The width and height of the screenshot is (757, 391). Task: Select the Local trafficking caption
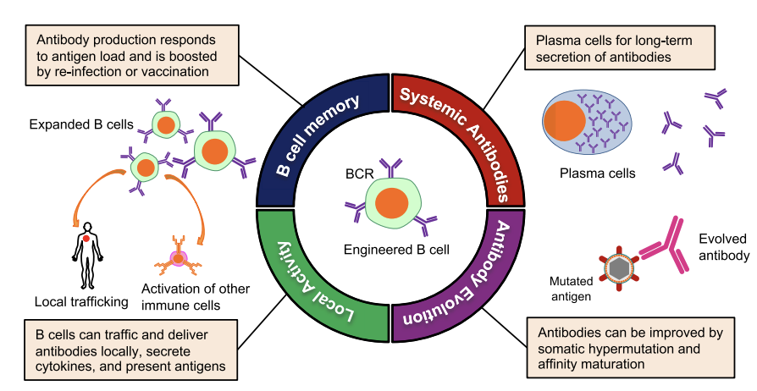[x=81, y=300]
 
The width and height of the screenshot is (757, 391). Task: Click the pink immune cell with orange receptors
[x=179, y=258]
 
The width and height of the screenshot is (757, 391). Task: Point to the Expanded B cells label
[x=80, y=124]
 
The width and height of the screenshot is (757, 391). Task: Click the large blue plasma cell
[x=585, y=121]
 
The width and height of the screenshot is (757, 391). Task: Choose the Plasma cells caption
[x=597, y=174]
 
